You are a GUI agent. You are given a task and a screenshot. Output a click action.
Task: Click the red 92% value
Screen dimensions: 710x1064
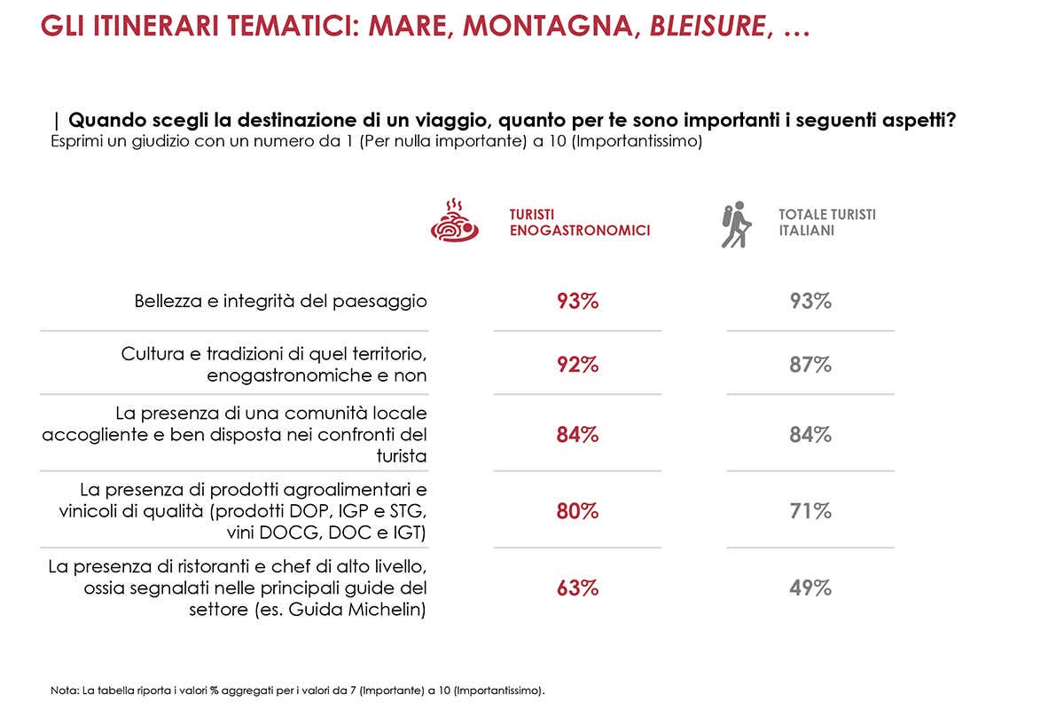(x=578, y=364)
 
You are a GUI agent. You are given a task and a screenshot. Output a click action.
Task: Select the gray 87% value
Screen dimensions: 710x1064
(x=810, y=364)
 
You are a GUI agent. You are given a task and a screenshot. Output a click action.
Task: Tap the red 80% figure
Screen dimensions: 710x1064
(x=578, y=511)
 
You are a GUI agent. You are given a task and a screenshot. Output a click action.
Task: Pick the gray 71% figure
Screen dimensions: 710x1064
(x=810, y=511)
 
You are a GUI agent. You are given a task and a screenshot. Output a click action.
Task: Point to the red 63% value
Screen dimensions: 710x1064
(x=578, y=588)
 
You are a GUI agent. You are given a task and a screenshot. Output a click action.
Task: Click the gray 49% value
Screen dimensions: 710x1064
(x=810, y=588)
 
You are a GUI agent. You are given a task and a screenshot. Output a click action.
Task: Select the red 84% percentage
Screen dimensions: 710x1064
(x=578, y=435)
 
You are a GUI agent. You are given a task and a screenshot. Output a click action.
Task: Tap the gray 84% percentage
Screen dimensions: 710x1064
(x=810, y=435)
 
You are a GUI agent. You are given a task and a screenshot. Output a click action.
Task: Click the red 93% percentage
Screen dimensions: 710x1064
(x=578, y=301)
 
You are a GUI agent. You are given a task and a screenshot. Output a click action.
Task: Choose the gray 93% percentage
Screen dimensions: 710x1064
(x=810, y=301)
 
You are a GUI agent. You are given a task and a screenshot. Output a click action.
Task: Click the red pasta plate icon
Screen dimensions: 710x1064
(x=454, y=222)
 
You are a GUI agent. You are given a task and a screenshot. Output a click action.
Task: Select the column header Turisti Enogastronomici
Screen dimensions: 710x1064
(x=579, y=223)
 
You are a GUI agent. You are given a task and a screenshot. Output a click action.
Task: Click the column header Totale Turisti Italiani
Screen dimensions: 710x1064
(x=826, y=223)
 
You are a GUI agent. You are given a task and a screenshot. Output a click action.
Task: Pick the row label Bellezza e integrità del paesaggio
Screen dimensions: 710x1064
(x=281, y=301)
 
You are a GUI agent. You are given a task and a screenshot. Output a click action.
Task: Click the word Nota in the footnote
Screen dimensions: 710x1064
(x=63, y=690)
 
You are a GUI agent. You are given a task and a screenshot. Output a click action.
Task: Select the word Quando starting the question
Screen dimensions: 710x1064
(x=104, y=120)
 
